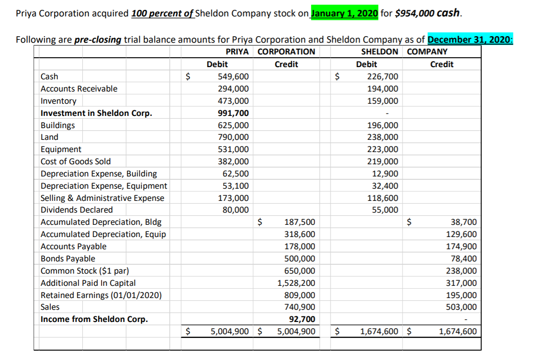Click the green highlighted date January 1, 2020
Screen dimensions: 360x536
(343, 13)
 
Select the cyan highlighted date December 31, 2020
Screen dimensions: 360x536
(470, 39)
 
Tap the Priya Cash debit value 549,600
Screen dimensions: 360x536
(233, 77)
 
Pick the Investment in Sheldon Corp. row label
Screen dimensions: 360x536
(96, 113)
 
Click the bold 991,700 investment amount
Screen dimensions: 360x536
(233, 113)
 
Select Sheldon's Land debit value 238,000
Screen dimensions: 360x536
(382, 138)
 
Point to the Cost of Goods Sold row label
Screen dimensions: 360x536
(76, 161)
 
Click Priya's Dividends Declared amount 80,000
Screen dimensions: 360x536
(236, 210)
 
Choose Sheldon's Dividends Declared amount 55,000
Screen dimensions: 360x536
(385, 210)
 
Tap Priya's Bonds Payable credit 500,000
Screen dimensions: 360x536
(300, 259)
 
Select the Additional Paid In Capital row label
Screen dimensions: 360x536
(88, 283)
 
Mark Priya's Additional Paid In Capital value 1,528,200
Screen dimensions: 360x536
(296, 283)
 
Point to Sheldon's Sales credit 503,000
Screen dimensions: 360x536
(461, 307)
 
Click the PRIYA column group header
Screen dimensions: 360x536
(237, 52)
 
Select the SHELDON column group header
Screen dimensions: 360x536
(380, 52)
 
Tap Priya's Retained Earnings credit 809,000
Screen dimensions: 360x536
(300, 295)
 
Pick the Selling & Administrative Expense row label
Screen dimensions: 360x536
(102, 198)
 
